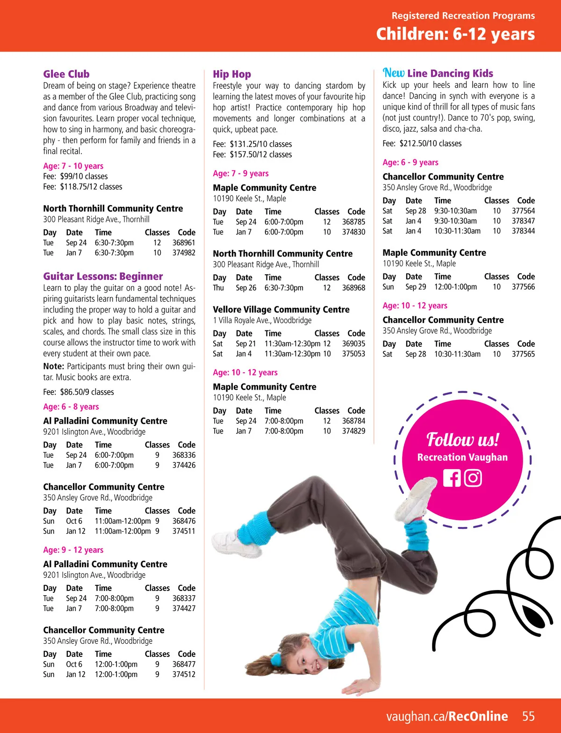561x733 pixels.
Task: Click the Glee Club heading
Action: click(66, 74)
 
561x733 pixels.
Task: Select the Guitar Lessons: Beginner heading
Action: click(103, 277)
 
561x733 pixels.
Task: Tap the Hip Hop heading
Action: click(232, 74)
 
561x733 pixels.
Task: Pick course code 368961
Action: click(184, 243)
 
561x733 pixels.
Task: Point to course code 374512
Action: click(184, 675)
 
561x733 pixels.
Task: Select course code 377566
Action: click(523, 287)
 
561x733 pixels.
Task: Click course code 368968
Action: click(353, 288)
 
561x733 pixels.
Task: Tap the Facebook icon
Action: click(452, 478)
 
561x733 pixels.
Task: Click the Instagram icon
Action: click(473, 478)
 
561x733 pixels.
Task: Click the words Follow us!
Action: click(462, 440)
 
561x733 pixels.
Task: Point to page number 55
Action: click(528, 717)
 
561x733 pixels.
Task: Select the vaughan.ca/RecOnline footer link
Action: click(447, 717)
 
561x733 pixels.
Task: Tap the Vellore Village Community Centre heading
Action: click(281, 310)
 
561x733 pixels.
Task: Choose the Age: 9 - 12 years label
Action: click(73, 550)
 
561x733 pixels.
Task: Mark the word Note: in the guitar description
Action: click(53, 367)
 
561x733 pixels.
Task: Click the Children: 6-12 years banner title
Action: click(455, 34)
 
